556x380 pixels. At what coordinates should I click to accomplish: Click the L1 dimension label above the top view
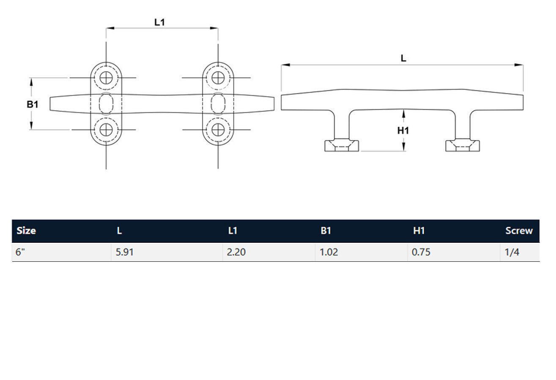tap(159, 22)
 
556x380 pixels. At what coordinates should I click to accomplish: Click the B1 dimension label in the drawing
tap(33, 104)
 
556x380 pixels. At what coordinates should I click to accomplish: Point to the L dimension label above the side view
tap(403, 59)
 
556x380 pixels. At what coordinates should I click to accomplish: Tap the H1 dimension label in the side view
tap(403, 131)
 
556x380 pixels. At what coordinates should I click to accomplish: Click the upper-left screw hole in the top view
tap(106, 78)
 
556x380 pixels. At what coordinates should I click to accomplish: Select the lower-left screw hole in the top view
tap(106, 130)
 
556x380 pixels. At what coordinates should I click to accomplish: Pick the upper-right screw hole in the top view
tap(218, 78)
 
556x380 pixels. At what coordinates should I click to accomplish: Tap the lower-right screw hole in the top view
tap(218, 130)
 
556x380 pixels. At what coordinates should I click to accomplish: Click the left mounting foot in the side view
tap(342, 146)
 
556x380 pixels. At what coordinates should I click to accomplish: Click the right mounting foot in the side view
tap(463, 146)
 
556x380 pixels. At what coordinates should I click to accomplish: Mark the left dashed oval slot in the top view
tap(106, 103)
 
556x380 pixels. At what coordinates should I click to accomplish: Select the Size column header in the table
tap(26, 231)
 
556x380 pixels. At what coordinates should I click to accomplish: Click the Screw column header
tap(519, 231)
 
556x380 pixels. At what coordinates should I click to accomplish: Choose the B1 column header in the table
tap(326, 231)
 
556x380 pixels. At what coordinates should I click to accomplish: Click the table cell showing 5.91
tap(125, 252)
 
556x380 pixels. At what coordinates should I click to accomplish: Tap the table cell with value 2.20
tap(236, 252)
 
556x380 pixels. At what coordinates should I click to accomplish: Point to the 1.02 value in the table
tap(329, 252)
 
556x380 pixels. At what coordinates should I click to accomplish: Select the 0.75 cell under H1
tap(421, 252)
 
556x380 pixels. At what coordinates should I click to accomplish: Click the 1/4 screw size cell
tap(512, 252)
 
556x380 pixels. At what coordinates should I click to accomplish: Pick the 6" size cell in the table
tap(21, 252)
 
